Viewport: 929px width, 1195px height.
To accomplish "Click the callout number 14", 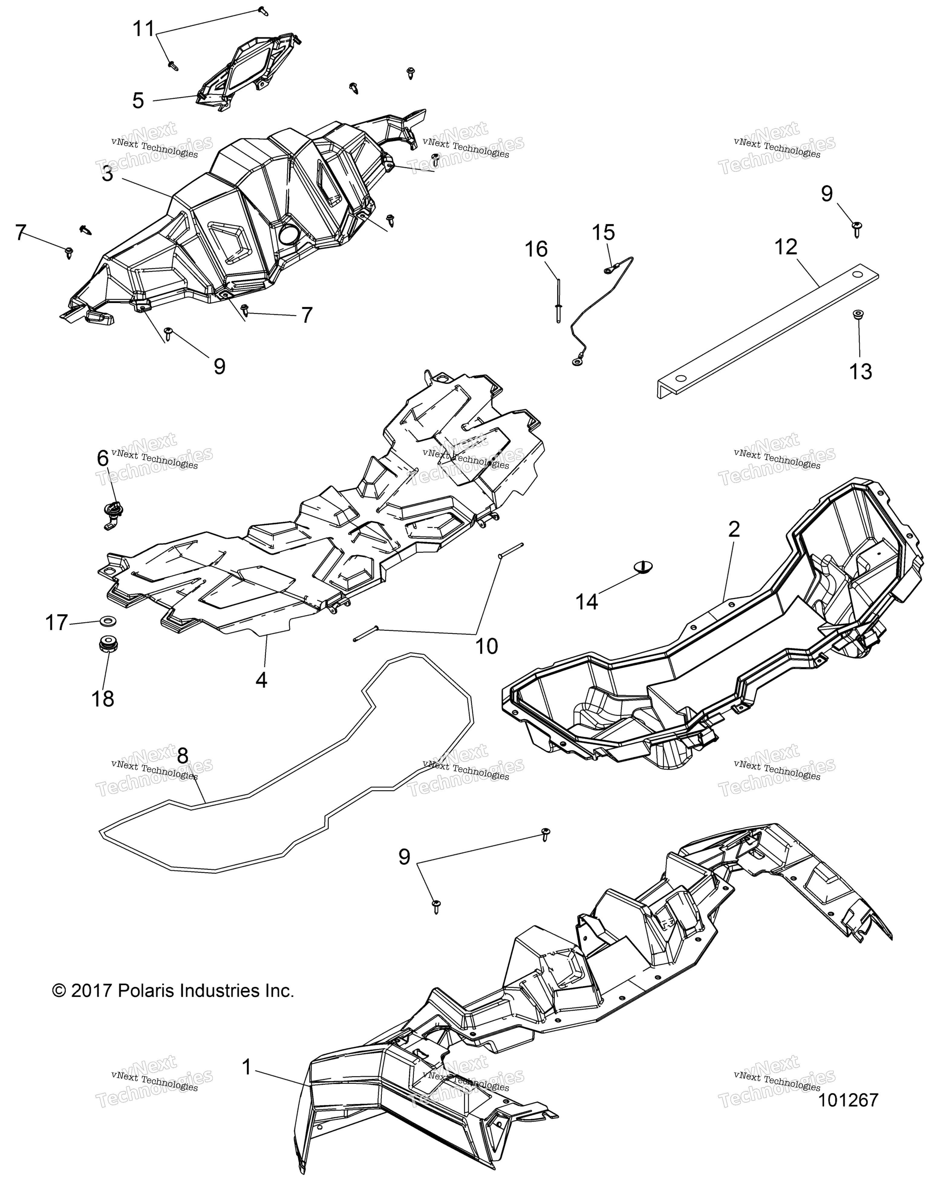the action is pos(587,602).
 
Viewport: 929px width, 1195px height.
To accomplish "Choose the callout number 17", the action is pos(56,623).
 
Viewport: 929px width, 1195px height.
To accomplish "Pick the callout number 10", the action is pos(487,646).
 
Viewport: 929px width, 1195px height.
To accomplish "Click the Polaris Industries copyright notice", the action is pos(173,991).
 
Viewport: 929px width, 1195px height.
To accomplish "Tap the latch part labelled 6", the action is pos(112,512).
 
